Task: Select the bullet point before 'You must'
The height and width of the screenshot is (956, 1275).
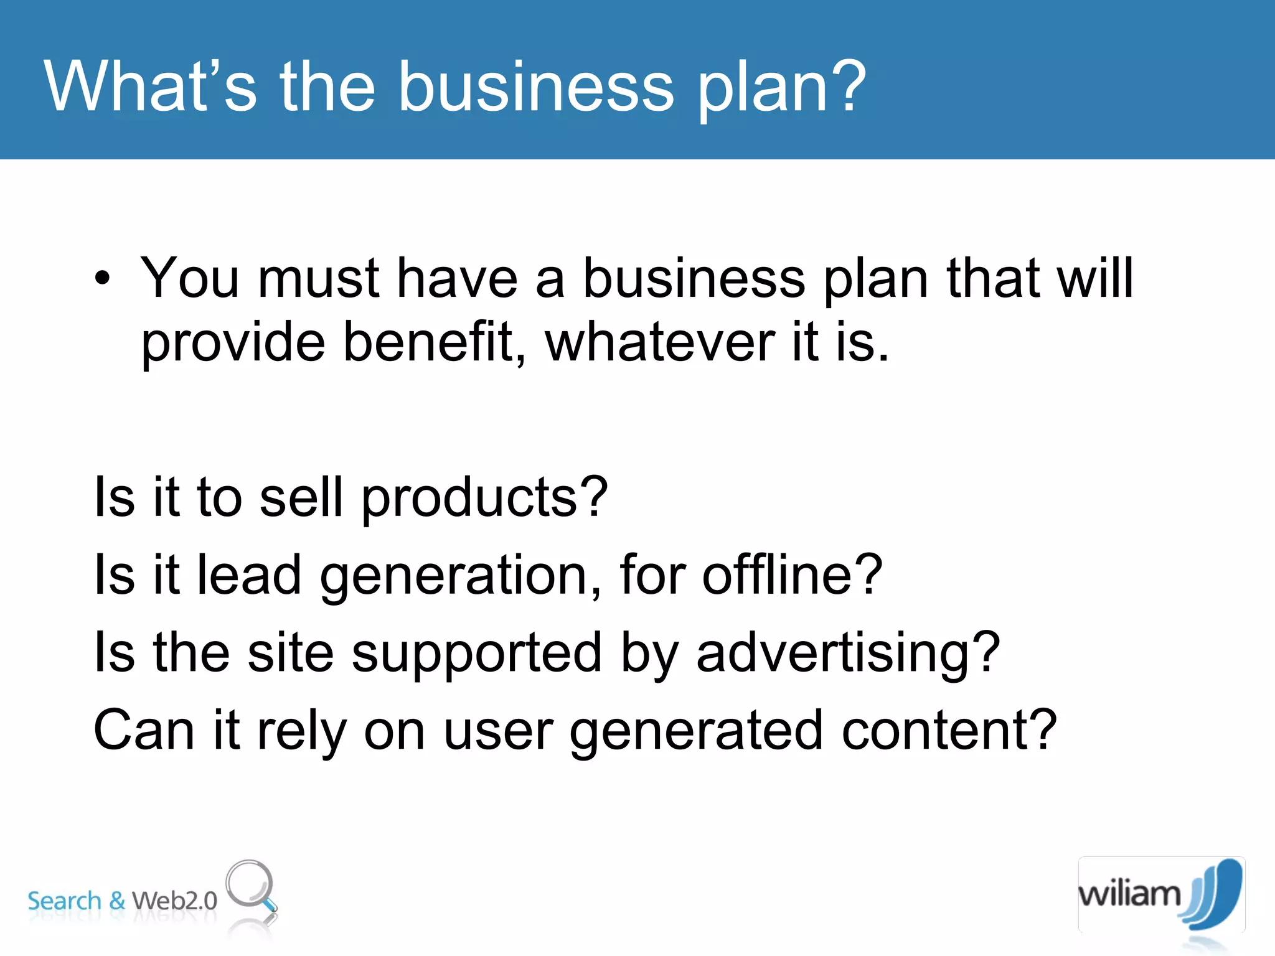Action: pos(103,279)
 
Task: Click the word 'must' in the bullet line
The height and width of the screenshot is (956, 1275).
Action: pos(318,278)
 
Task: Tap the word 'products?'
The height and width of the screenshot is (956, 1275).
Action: pos(484,498)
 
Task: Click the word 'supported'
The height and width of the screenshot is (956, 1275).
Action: pos(476,654)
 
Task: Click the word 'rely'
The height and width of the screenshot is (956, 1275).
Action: pos(301,731)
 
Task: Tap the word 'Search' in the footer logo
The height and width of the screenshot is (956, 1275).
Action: pos(64,901)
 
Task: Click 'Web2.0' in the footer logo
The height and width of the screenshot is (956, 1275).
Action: pos(174,901)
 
